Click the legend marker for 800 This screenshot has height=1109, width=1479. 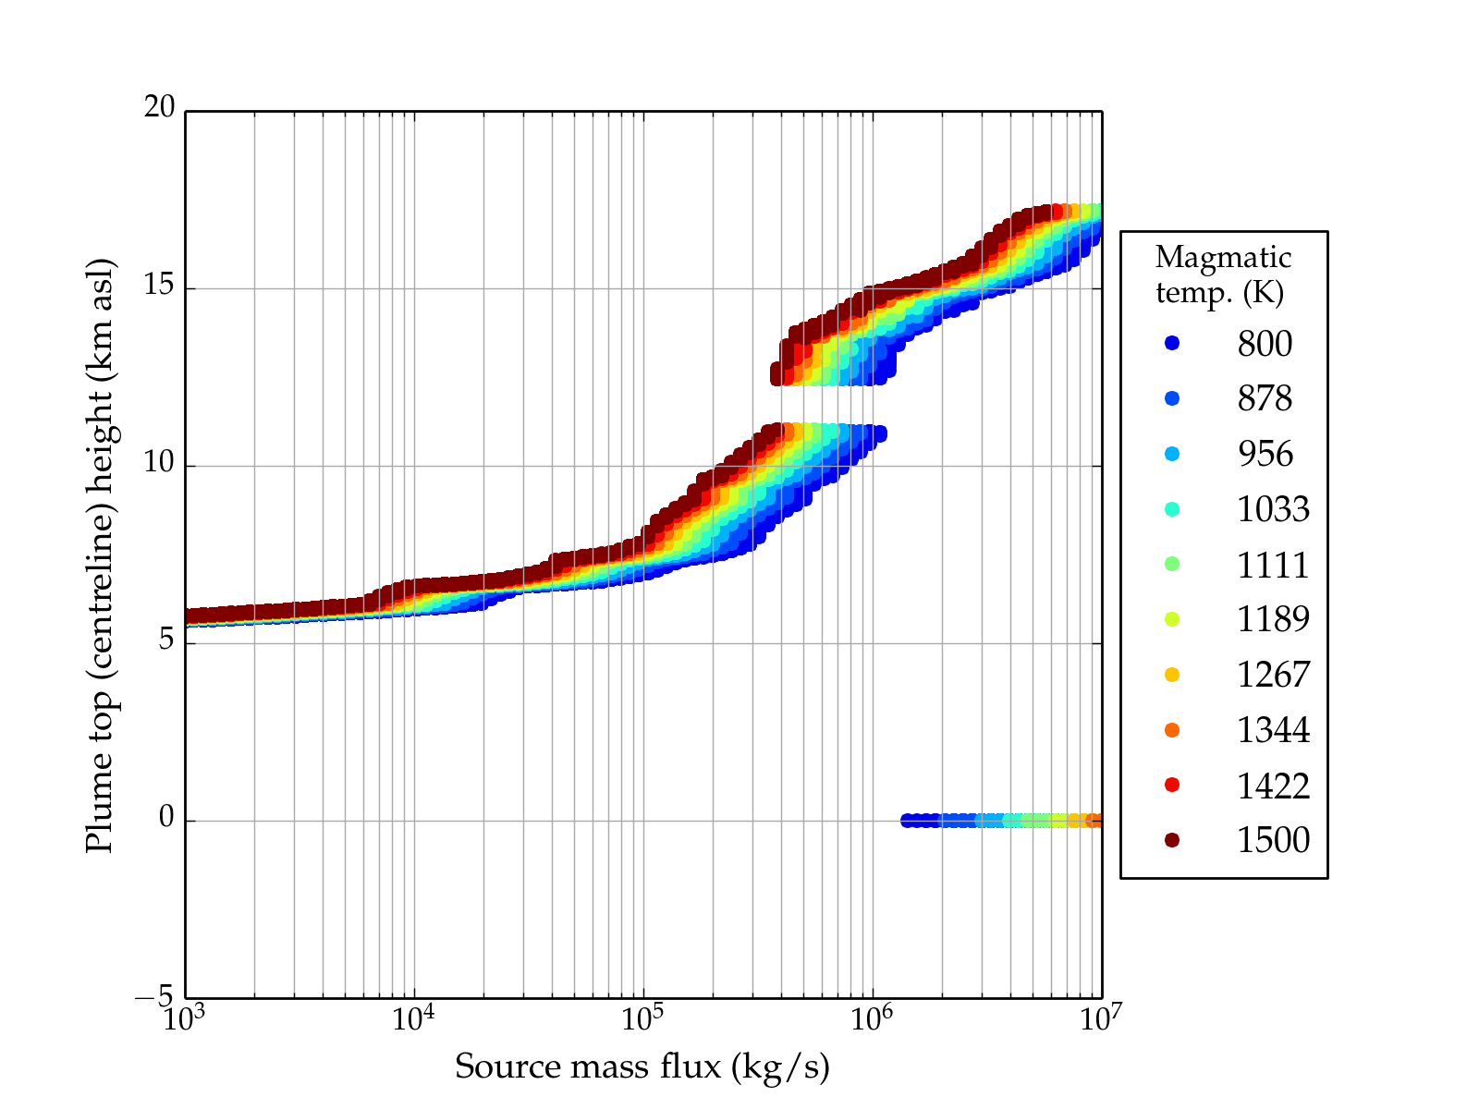click(1172, 343)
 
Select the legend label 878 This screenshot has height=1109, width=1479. click(1265, 398)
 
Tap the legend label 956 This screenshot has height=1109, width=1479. click(1265, 454)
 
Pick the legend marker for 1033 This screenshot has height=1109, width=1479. click(1172, 509)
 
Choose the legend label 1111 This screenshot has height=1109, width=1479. click(1273, 565)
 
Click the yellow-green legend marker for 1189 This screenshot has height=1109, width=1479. click(1172, 619)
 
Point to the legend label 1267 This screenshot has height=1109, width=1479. click(1273, 675)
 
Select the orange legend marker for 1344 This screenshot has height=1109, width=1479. click(1172, 730)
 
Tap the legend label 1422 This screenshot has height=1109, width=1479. click(1273, 786)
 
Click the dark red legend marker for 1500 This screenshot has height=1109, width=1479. click(1172, 840)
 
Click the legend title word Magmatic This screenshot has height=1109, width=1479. click(1223, 258)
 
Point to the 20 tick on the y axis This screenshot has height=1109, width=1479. click(159, 108)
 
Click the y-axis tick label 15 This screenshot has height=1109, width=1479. click(159, 286)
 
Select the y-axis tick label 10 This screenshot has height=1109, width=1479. click(159, 463)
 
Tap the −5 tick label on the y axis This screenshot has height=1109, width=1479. click(154, 997)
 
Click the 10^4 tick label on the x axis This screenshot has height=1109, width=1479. click(413, 1018)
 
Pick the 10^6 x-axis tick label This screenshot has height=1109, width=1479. click(872, 1018)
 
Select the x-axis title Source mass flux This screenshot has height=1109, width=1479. click(642, 1067)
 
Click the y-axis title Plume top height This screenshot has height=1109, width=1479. click(99, 554)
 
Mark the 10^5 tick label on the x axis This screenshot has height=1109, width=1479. click(642, 1018)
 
